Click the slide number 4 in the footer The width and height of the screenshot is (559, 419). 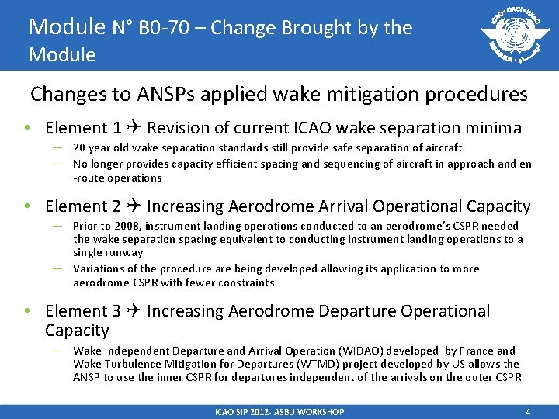pos(528,412)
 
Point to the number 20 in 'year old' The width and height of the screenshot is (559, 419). pos(79,147)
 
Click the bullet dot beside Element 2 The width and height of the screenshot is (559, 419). pos(27,206)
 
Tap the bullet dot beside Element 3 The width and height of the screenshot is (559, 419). pos(27,311)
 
